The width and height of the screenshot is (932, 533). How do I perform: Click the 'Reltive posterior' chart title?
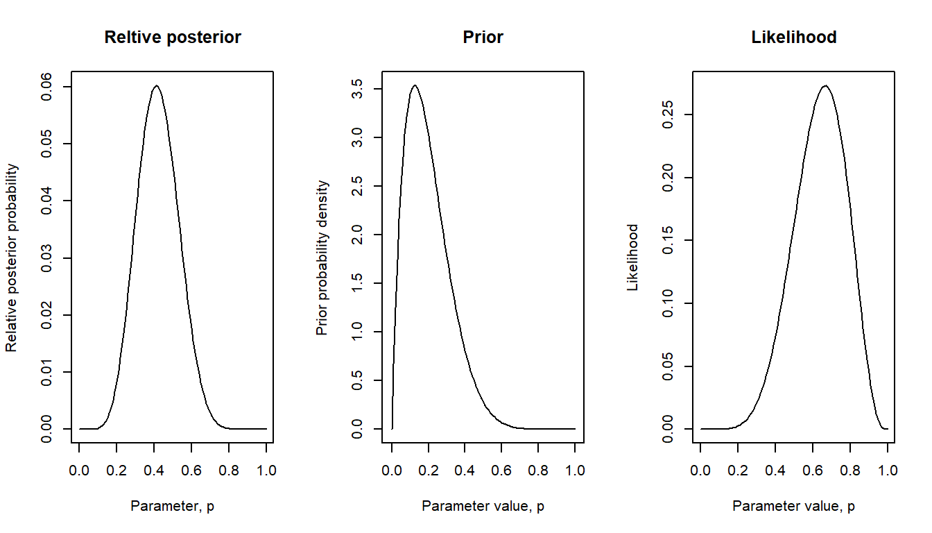coord(173,37)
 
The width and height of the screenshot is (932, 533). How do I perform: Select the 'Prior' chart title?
coord(483,37)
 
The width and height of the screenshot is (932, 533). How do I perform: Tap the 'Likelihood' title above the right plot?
coord(794,37)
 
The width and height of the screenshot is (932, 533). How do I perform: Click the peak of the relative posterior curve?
coord(157,86)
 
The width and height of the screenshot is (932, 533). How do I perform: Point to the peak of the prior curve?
coord(415,85)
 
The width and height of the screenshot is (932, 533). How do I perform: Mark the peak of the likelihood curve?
coord(825,86)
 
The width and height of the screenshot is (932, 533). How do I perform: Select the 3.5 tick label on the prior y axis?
coord(356,90)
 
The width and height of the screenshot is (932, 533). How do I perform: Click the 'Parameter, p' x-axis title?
coord(173,506)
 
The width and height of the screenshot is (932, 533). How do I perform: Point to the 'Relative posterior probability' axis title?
coord(11,258)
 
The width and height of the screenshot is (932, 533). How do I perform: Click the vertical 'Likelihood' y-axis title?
coord(632,258)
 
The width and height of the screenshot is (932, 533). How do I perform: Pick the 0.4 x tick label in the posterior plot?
coord(154,470)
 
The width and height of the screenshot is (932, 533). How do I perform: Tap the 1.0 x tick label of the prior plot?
coord(575,470)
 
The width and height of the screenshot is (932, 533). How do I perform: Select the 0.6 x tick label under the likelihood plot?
coord(812,470)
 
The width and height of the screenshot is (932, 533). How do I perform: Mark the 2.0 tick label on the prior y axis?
coord(356,235)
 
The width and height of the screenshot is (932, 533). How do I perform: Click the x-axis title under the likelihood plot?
coord(794,506)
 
